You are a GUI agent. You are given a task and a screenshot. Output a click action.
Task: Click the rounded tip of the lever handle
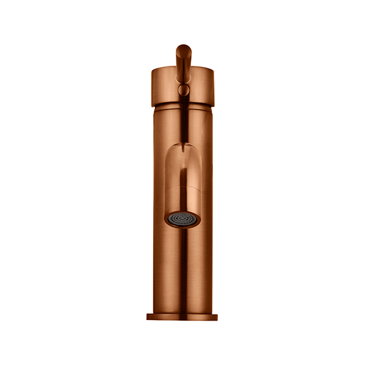point(182,50)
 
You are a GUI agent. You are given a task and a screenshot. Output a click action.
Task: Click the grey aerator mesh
point(182,219)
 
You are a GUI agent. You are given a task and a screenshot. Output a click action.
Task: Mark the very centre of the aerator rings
point(182,219)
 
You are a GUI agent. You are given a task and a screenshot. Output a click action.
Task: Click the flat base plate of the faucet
point(182,317)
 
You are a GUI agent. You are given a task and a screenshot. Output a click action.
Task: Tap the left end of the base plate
point(149,317)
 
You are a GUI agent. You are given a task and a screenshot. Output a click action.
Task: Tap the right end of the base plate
point(216,317)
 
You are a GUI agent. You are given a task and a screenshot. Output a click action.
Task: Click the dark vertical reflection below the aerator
point(182,268)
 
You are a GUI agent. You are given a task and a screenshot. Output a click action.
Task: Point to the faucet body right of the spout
point(206,182)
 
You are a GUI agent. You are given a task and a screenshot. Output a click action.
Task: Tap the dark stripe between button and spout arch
point(182,122)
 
